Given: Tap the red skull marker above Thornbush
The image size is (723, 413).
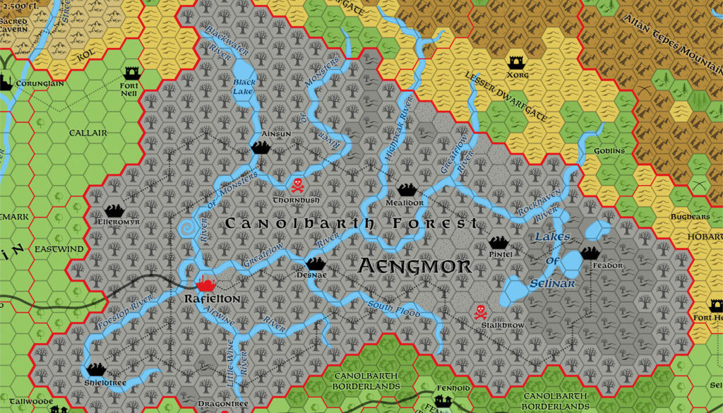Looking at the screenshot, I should [297, 186].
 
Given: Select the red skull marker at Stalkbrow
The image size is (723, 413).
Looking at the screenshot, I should [480, 311].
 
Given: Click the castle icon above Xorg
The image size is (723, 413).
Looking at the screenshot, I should [515, 62].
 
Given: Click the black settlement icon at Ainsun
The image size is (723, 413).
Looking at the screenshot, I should [261, 147].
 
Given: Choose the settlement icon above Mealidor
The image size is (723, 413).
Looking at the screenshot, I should [406, 188].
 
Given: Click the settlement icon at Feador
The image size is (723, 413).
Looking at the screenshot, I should [590, 253].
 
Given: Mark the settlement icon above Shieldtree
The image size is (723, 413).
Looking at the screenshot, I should [97, 369].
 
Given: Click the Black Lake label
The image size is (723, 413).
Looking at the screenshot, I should [244, 87].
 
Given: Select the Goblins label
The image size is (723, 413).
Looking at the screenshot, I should [610, 150].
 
